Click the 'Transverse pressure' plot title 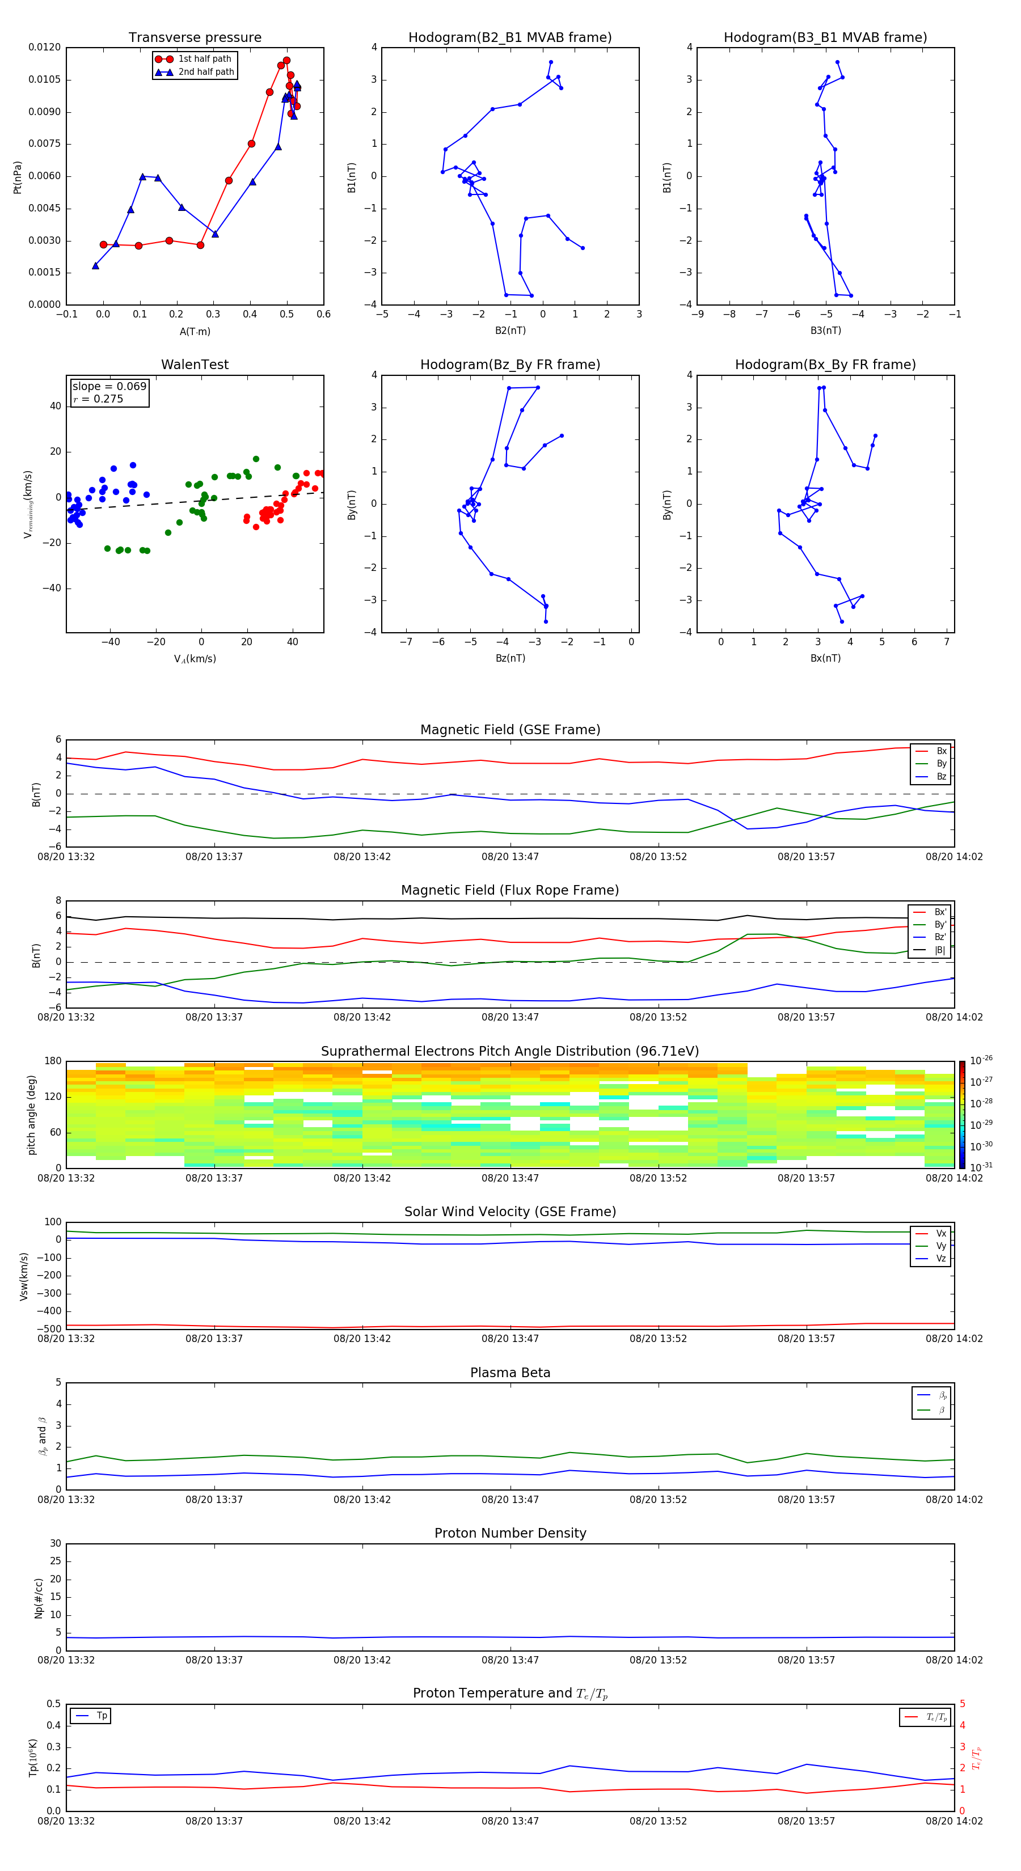click(195, 38)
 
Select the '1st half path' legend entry click(204, 59)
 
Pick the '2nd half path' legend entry click(206, 72)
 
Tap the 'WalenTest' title click(195, 365)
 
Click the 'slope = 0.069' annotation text click(109, 387)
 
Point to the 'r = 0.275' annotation click(98, 399)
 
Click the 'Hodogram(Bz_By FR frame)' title click(510, 365)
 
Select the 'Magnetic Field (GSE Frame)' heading click(510, 730)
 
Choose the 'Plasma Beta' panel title click(510, 1373)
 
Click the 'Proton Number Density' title click(510, 1533)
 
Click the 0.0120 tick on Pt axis click(44, 47)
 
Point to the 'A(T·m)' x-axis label click(195, 332)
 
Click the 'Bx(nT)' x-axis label click(825, 658)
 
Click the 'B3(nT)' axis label click(825, 331)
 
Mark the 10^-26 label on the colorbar click(980, 1060)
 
